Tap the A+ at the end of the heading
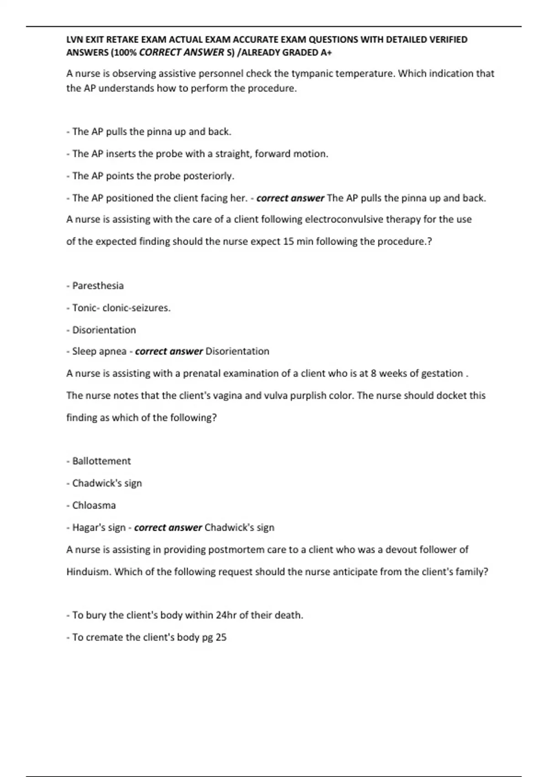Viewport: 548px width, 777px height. [x=326, y=53]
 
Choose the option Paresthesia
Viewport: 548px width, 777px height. [x=98, y=286]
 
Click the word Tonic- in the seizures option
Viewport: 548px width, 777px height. [x=86, y=308]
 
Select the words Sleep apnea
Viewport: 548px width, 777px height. [x=99, y=351]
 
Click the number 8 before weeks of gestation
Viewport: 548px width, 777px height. [x=374, y=373]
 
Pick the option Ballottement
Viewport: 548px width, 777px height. [x=101, y=461]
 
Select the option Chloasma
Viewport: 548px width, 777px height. [x=94, y=506]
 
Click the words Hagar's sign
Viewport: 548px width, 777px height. [x=99, y=527]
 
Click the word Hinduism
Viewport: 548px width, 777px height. [x=89, y=572]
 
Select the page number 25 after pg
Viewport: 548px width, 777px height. [x=221, y=637]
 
